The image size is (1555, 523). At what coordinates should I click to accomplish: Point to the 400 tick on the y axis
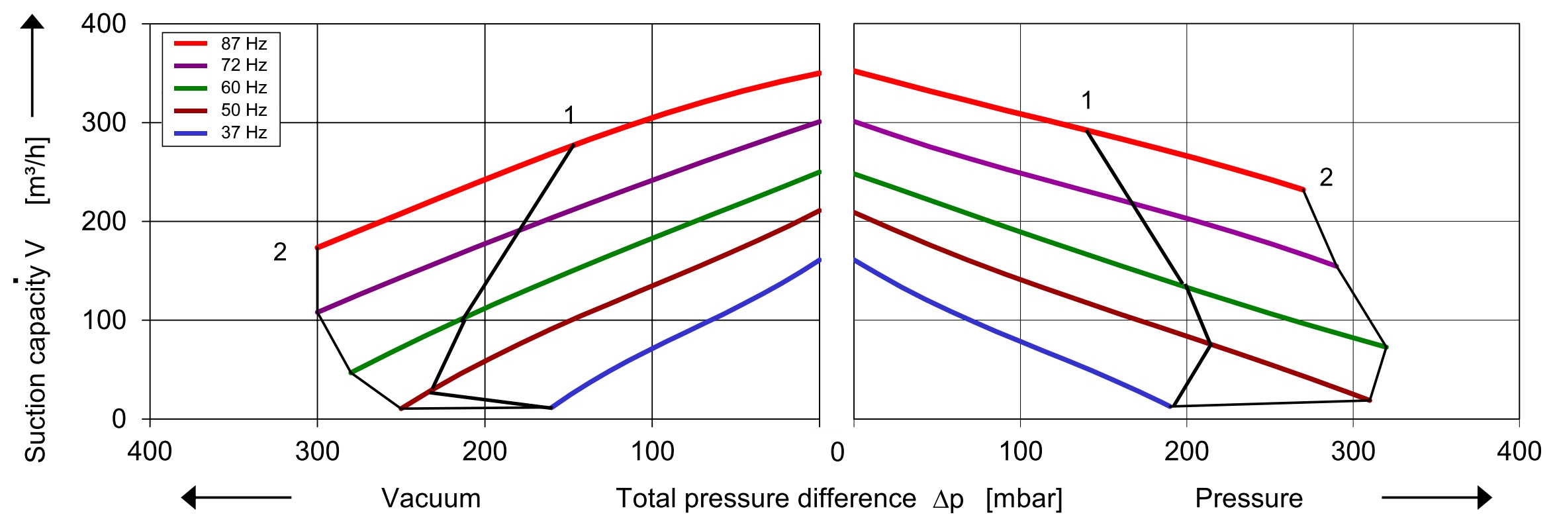pyautogui.click(x=103, y=24)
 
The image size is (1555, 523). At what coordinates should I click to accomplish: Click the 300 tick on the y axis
pyautogui.click(x=103, y=122)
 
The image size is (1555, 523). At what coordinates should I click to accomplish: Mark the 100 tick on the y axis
pyautogui.click(x=103, y=320)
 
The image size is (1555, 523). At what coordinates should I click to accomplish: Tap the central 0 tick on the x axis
pyautogui.click(x=837, y=452)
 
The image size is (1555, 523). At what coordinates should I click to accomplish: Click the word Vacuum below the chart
pyautogui.click(x=431, y=499)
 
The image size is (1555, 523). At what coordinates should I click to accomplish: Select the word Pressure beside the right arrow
pyautogui.click(x=1249, y=499)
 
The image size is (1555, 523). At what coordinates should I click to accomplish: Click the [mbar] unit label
pyautogui.click(x=1023, y=499)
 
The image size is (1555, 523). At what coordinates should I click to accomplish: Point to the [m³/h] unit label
pyautogui.click(x=36, y=171)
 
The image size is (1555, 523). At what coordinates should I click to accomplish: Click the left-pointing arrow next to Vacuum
pyautogui.click(x=236, y=497)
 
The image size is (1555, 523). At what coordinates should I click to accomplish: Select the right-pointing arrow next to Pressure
pyautogui.click(x=1437, y=497)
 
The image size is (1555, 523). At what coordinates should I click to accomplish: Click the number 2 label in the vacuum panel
pyautogui.click(x=280, y=252)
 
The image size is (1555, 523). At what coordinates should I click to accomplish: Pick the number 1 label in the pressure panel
pyautogui.click(x=1086, y=101)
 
